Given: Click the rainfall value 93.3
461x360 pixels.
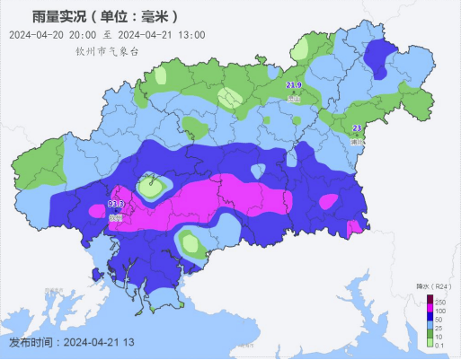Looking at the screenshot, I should coord(114,206).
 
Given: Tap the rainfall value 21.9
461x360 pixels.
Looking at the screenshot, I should coord(293,85).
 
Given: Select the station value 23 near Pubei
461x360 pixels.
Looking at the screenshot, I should coord(357,128).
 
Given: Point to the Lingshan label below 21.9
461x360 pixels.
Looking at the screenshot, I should coord(293,97).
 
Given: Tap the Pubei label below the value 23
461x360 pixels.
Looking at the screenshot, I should coord(357,141).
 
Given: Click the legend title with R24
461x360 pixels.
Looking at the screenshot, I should coord(430,287).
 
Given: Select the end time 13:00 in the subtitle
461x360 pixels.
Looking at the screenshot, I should coord(191,35).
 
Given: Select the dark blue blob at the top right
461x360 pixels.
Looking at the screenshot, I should coord(385,57).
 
